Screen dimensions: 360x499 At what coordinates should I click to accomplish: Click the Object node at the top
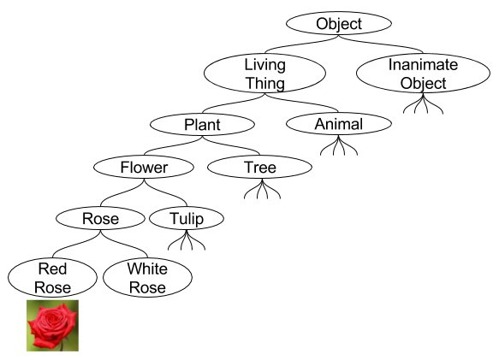(339, 24)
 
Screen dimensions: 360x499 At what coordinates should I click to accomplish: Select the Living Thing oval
(264, 74)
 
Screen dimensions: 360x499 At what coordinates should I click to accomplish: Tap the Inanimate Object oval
(423, 74)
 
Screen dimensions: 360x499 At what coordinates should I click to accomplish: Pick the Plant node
(202, 125)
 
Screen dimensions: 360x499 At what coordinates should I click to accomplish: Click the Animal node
(338, 124)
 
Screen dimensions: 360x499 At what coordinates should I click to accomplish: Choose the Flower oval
(143, 167)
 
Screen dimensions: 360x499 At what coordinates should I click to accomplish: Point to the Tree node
(260, 167)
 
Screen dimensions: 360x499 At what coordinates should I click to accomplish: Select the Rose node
(100, 218)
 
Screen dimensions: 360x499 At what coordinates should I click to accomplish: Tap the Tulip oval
(186, 218)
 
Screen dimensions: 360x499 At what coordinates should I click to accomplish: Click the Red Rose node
(52, 277)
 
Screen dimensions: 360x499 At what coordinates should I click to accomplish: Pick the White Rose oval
(147, 277)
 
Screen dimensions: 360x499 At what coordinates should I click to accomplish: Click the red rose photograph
(52, 325)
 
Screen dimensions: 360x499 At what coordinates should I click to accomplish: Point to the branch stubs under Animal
(338, 146)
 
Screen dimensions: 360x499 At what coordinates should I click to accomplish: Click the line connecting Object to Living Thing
(300, 44)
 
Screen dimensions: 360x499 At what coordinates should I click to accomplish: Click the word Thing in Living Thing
(264, 83)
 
